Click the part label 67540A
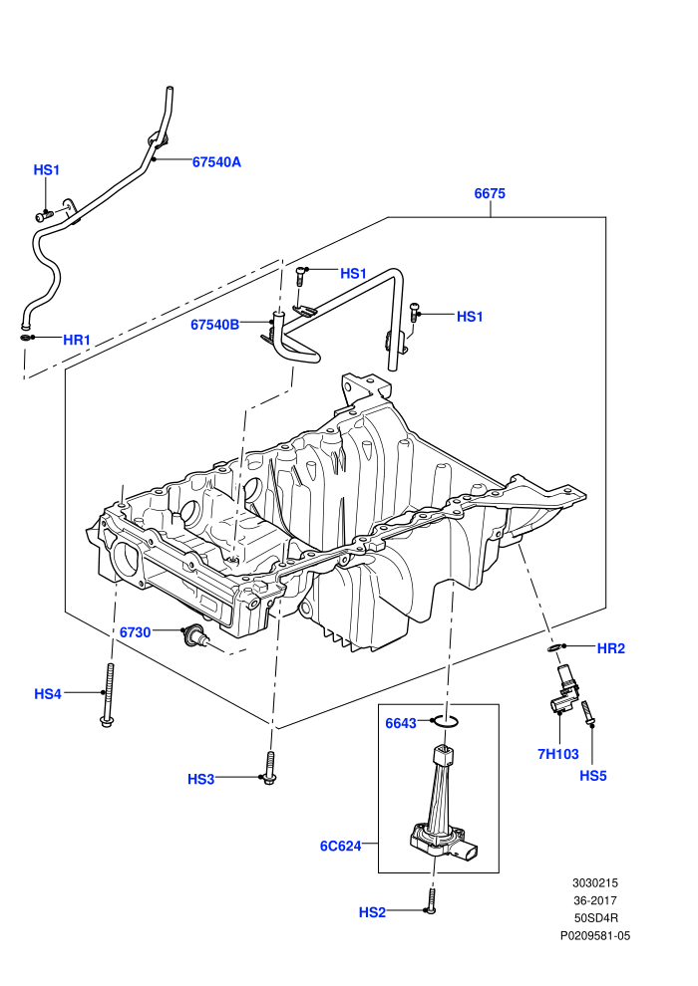[x=216, y=162]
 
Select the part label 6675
[x=490, y=193]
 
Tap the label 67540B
[x=214, y=325]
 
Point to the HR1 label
[x=77, y=341]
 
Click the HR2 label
[x=610, y=648]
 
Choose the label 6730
[x=136, y=632]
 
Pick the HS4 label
[x=48, y=694]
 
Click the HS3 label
[x=200, y=779]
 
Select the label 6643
[x=401, y=724]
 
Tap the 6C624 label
[x=340, y=847]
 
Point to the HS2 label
[x=372, y=912]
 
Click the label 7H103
[x=558, y=754]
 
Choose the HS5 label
[x=593, y=776]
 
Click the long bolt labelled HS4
[x=108, y=695]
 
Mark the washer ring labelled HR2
[x=554, y=647]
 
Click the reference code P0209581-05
[x=595, y=936]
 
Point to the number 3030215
[x=595, y=883]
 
